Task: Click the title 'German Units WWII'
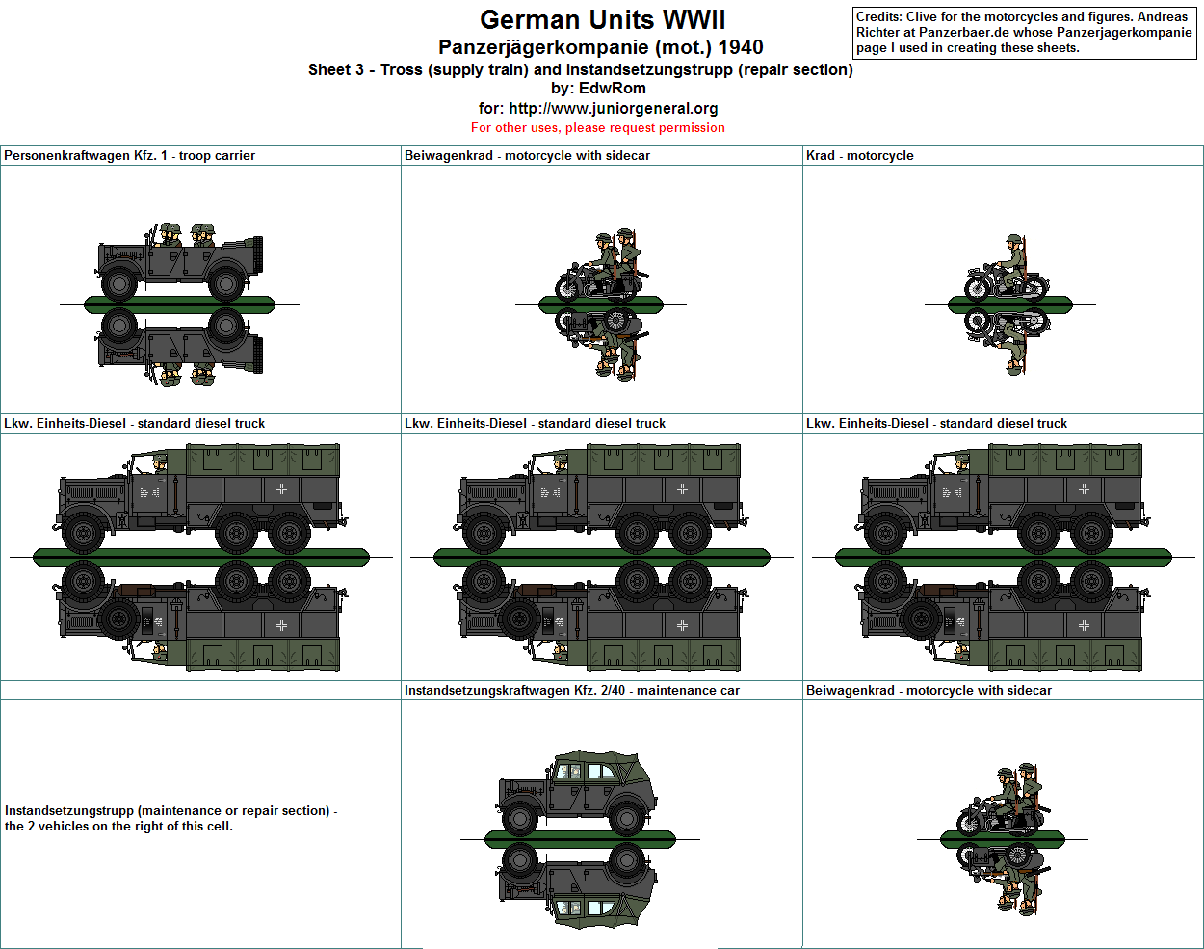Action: pyautogui.click(x=603, y=20)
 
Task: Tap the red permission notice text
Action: pyautogui.click(x=597, y=127)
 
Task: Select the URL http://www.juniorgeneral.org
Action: pyautogui.click(x=614, y=108)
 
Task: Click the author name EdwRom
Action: pyautogui.click(x=612, y=88)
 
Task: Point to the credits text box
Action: pyautogui.click(x=1025, y=33)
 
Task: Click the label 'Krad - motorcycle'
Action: pyautogui.click(x=859, y=155)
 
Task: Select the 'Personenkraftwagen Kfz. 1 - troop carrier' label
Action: pyautogui.click(x=129, y=155)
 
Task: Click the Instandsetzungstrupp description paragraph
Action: pyautogui.click(x=171, y=818)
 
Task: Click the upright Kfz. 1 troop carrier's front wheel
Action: pyautogui.click(x=118, y=283)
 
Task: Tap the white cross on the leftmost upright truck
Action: pyautogui.click(x=281, y=489)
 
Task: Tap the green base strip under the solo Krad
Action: pyautogui.click(x=1009, y=304)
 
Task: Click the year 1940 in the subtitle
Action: pyautogui.click(x=740, y=47)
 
